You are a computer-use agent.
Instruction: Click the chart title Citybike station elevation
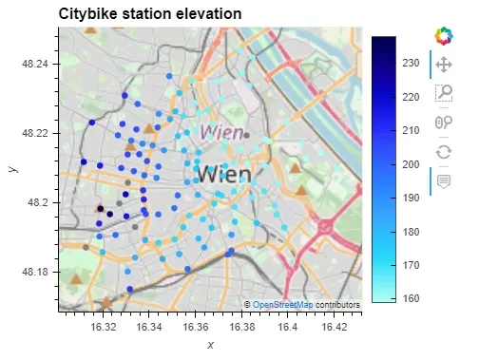click(x=150, y=14)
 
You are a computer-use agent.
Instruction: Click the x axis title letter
click(x=210, y=344)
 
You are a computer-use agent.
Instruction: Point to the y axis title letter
click(x=11, y=168)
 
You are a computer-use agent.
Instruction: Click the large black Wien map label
click(x=225, y=174)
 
